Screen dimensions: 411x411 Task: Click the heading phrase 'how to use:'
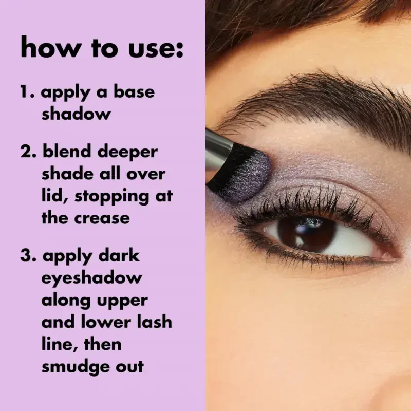pyautogui.click(x=102, y=48)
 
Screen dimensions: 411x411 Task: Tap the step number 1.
pyautogui.click(x=27, y=92)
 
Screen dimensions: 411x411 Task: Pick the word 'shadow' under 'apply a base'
pyautogui.click(x=76, y=114)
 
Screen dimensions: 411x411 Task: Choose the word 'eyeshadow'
pyautogui.click(x=91, y=279)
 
